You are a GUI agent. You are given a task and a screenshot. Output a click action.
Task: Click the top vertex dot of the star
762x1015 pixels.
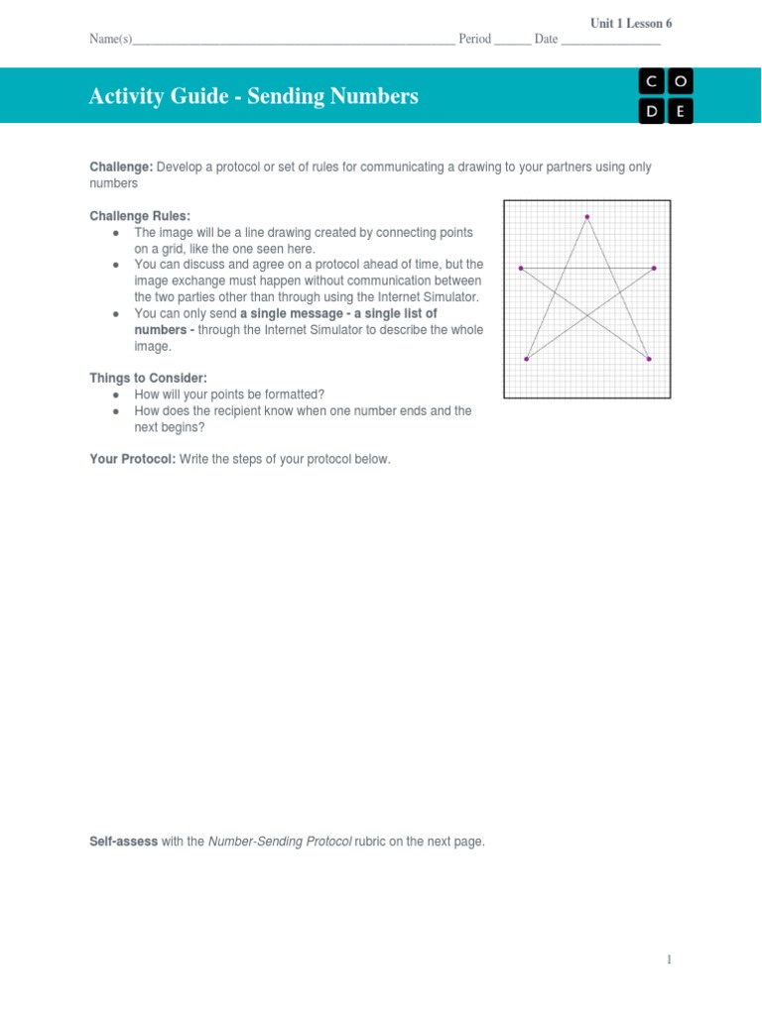pyautogui.click(x=587, y=216)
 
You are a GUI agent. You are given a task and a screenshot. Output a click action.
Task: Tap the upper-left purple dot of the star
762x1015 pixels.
pyautogui.click(x=521, y=268)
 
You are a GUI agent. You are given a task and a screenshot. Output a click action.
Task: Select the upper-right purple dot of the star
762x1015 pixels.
pyautogui.click(x=654, y=268)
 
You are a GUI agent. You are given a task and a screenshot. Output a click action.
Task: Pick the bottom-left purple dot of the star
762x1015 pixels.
pyautogui.click(x=526, y=359)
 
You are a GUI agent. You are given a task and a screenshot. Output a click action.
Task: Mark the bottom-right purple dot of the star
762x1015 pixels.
pyautogui.click(x=649, y=359)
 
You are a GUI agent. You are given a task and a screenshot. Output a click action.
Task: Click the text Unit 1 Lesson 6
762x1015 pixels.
pyautogui.click(x=631, y=23)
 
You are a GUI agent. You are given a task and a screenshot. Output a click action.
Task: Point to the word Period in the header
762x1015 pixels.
pyautogui.click(x=475, y=40)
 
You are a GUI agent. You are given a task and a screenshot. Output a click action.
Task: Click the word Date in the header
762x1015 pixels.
pyautogui.click(x=546, y=40)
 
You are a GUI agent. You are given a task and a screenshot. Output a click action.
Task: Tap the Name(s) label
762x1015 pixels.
pyautogui.click(x=110, y=40)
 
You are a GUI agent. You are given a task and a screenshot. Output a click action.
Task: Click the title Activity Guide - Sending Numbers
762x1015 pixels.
pyautogui.click(x=253, y=96)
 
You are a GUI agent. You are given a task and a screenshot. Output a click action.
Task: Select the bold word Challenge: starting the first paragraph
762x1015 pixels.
pyautogui.click(x=121, y=167)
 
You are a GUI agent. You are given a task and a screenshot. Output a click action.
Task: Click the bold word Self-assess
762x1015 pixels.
pyautogui.click(x=123, y=842)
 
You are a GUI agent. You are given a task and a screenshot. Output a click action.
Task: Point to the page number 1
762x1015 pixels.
pyautogui.click(x=670, y=959)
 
